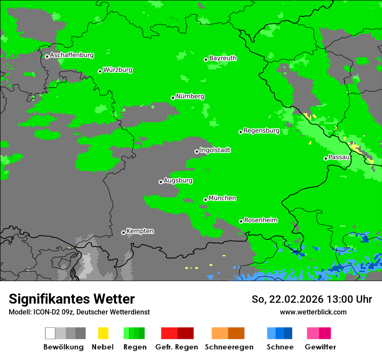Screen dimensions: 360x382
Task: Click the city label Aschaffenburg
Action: [x=72, y=55]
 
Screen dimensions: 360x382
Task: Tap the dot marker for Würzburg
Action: [x=100, y=71]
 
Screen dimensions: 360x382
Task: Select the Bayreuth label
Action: [x=223, y=58]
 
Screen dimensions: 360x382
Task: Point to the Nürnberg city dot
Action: [x=173, y=98]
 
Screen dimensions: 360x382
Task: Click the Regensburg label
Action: [x=261, y=131]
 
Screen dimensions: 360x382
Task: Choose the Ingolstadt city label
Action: [x=215, y=150]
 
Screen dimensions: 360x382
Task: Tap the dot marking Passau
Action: [x=326, y=158]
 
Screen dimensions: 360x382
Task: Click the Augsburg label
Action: [x=178, y=180]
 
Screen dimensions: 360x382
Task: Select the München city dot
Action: [x=205, y=200]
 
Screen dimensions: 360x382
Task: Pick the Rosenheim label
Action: [x=260, y=220]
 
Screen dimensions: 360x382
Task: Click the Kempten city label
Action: [x=140, y=231]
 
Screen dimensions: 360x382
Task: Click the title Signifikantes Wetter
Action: [x=72, y=299]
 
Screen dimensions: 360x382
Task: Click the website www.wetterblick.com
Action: [x=313, y=312]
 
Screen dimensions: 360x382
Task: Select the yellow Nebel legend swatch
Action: [x=103, y=333]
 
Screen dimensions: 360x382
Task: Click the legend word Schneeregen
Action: [x=228, y=347]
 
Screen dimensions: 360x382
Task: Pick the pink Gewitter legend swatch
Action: [x=313, y=333]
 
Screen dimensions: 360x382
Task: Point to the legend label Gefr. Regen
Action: [x=176, y=347]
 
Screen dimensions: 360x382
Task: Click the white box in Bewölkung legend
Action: [x=50, y=333]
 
